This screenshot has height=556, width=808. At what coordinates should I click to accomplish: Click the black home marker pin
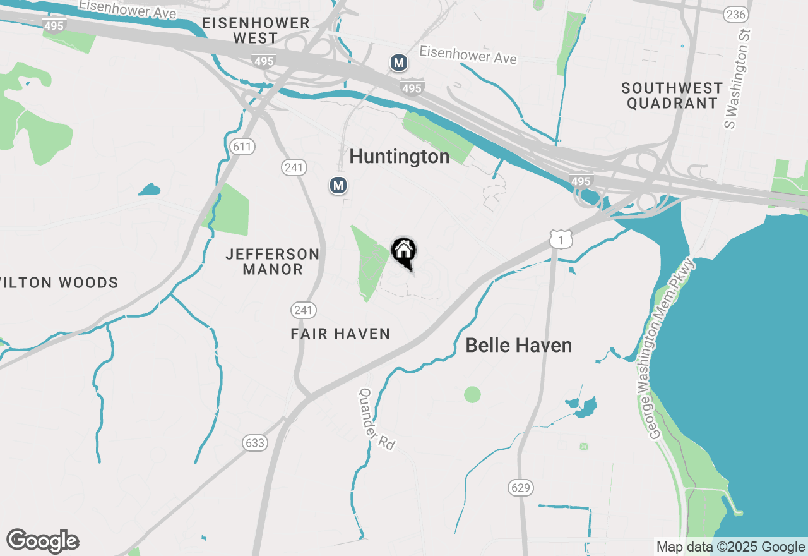(404, 252)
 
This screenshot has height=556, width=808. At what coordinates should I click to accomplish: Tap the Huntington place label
(399, 156)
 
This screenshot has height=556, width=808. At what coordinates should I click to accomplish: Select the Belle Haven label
(519, 345)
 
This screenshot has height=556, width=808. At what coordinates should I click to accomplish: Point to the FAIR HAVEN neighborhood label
(340, 334)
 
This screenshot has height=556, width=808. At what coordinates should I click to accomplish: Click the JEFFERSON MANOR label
(273, 262)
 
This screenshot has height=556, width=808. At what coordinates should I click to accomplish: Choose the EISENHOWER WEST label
(256, 30)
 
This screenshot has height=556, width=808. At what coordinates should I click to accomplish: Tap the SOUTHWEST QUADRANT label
(672, 95)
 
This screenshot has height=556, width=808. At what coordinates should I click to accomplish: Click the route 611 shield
(242, 147)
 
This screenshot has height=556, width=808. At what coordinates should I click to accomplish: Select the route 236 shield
(736, 15)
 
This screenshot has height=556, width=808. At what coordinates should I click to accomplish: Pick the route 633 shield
(255, 443)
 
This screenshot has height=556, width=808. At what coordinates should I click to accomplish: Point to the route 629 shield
(521, 487)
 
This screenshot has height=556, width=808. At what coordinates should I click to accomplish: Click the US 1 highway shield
(561, 239)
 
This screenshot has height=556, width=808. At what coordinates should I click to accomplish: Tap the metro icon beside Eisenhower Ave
(398, 63)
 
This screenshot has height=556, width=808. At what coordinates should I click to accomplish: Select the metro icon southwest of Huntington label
(339, 185)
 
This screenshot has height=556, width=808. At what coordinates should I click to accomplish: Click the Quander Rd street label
(377, 419)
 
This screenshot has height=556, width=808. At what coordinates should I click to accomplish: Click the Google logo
(43, 541)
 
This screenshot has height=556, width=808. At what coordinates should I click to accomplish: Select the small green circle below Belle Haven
(472, 395)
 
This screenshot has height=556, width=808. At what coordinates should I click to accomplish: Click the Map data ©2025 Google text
(730, 547)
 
